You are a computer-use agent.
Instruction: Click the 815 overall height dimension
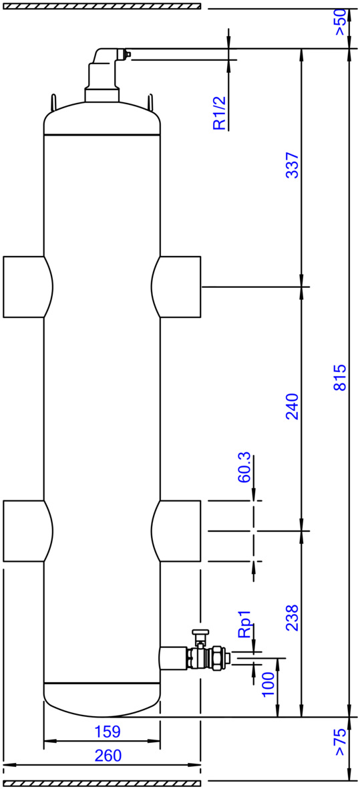[341, 378]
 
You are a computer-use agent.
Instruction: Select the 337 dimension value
[292, 164]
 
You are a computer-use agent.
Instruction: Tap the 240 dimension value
[292, 407]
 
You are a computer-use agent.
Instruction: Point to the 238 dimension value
[292, 617]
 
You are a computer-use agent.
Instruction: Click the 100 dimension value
[268, 683]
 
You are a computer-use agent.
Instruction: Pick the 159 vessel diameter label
[108, 731]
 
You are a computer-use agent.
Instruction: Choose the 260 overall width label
[108, 756]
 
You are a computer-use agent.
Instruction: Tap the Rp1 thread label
[245, 625]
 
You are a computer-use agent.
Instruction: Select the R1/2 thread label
[220, 114]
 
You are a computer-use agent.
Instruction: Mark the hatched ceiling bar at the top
[101, 6]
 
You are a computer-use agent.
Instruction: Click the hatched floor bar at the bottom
[101, 784]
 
